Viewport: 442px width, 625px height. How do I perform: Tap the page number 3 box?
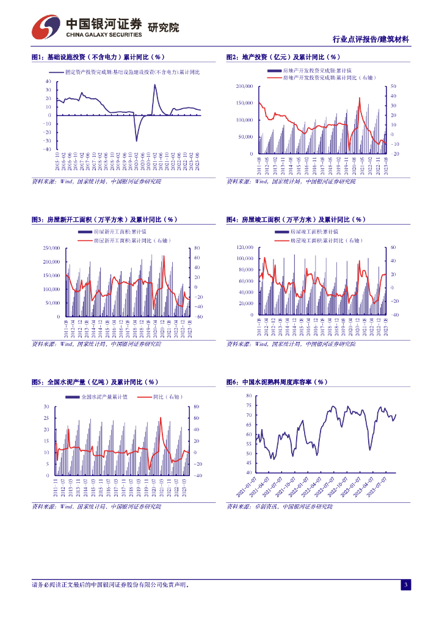point(405,585)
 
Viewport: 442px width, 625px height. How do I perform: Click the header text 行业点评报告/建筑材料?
point(371,39)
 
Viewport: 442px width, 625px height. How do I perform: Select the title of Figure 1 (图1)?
point(98,57)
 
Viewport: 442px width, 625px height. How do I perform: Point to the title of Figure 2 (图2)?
point(283,57)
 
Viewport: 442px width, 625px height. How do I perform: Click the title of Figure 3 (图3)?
point(104,220)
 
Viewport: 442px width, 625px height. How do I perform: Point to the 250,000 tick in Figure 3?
point(51,248)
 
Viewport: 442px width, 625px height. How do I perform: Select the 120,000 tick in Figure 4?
point(244,248)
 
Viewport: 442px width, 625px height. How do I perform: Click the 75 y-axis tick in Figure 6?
point(248,405)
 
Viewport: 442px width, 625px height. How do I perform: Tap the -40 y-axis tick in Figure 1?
point(48,149)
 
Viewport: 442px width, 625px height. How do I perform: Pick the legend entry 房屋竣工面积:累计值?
point(313,233)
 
